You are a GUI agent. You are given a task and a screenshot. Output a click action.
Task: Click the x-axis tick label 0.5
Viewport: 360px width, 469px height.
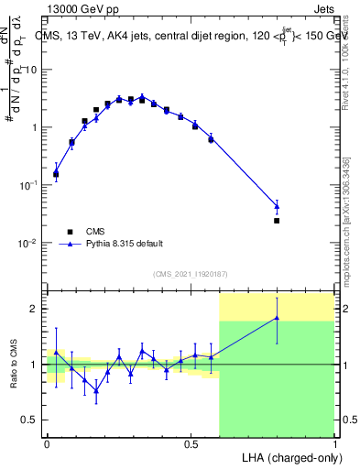[191, 443]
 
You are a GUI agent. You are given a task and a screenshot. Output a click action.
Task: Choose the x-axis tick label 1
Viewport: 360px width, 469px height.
[333, 443]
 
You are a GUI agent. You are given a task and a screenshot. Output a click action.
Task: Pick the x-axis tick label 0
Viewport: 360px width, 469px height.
[48, 443]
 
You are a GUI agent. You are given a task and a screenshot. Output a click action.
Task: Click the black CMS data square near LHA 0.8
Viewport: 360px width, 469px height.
[277, 221]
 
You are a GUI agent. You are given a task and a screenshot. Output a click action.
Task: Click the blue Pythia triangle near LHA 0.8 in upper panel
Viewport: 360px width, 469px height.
[277, 206]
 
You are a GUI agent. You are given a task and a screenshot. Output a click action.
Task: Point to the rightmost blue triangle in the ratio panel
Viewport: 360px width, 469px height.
[277, 318]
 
